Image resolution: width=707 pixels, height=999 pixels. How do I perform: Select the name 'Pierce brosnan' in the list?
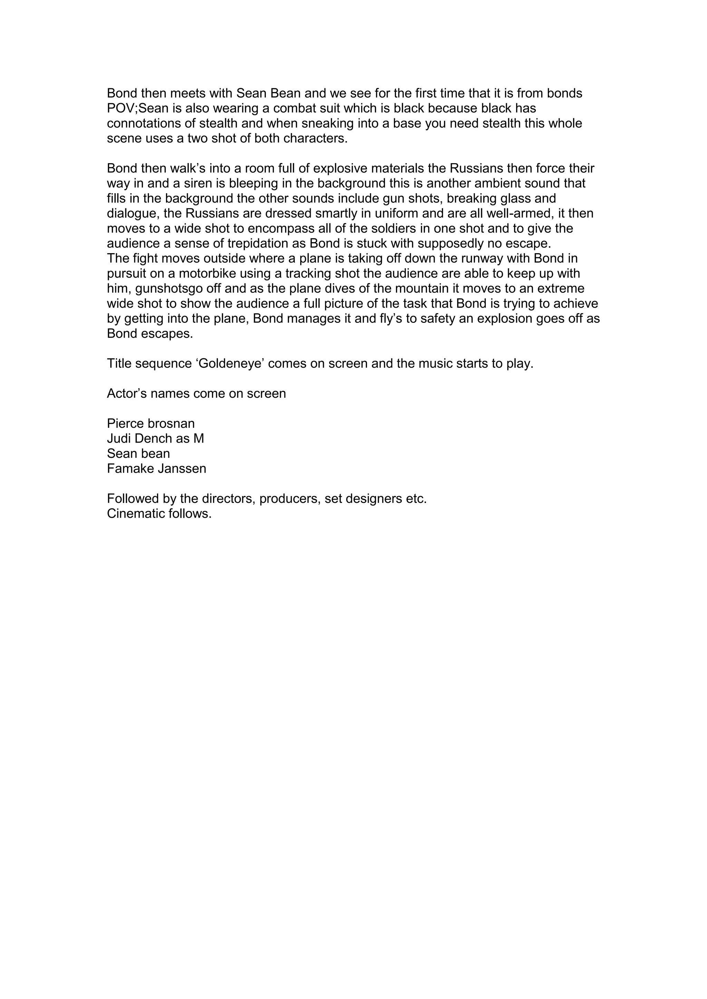pyautogui.click(x=151, y=423)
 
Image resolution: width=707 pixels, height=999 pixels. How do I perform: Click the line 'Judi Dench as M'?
pyautogui.click(x=155, y=438)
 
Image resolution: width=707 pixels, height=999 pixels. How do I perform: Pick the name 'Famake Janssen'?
pyautogui.click(x=156, y=468)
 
